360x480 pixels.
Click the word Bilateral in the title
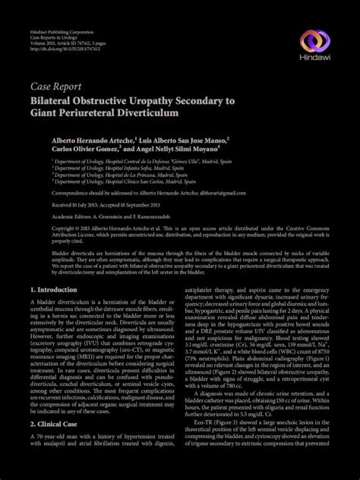[54, 100]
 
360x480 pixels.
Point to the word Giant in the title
[46, 112]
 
